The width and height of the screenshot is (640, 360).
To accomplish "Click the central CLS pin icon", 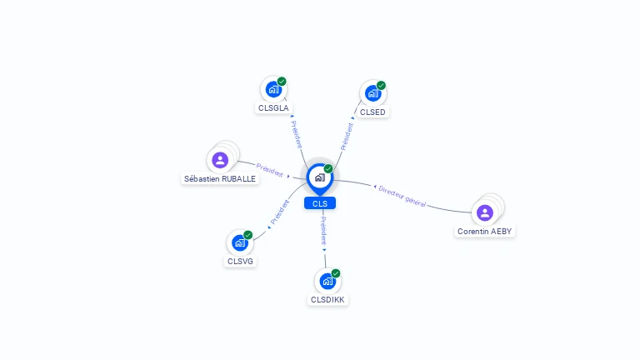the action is coord(320,178).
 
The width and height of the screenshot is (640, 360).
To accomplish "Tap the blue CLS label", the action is coord(320,203).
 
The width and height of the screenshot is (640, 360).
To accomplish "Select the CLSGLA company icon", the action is coord(273,89).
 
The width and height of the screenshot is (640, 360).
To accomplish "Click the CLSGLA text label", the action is coord(273,108).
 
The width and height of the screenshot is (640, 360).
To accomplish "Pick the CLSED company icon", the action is coord(373,93).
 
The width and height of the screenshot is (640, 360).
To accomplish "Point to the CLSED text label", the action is coord(372,112).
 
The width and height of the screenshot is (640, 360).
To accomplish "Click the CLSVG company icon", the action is coord(240,242).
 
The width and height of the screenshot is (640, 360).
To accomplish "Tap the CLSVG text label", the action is coord(240,261).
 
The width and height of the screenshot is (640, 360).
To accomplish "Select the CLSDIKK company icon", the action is coord(327,281).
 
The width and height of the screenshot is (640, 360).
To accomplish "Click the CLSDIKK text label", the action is coord(327,300).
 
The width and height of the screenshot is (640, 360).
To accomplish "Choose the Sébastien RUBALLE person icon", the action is coord(220,160).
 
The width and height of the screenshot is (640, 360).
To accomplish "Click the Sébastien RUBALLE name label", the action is coord(220,179).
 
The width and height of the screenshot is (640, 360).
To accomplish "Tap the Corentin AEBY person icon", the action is coord(485,212).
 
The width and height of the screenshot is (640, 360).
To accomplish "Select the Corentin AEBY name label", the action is coord(484,232).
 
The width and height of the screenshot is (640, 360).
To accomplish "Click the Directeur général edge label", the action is coord(402,197).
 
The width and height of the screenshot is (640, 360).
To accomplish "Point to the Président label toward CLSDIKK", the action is coord(323,231).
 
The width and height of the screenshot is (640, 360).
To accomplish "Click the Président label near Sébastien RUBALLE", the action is coord(269,170).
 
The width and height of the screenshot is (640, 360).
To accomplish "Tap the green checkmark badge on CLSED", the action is coord(381,85).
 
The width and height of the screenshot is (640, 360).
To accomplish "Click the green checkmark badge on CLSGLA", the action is coord(282,81).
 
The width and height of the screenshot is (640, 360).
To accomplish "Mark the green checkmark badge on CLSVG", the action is coord(247,235).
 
